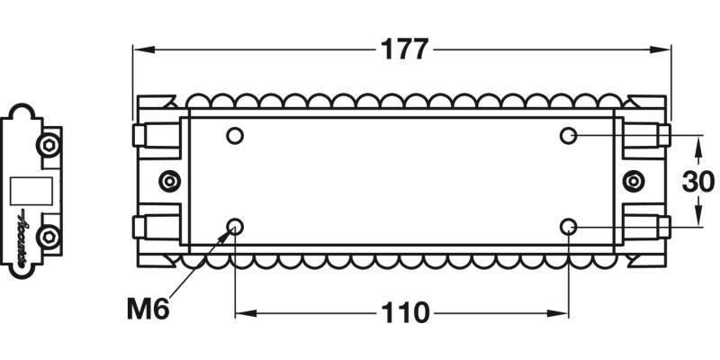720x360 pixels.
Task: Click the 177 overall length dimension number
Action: point(403,49)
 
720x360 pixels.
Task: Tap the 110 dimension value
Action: point(403,313)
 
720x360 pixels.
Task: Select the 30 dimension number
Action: point(698,181)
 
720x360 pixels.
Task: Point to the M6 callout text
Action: point(148,311)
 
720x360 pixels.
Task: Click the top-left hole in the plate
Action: point(235,136)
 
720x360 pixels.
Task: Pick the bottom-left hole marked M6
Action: point(235,226)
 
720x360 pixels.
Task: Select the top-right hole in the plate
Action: point(568,136)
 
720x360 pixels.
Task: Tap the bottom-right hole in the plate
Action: point(568,226)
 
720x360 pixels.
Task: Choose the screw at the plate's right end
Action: point(634,181)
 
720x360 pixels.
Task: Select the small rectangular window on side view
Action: point(30,191)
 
